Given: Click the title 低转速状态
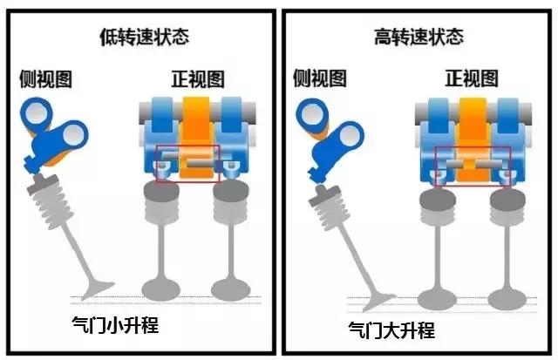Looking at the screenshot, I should point(143,37).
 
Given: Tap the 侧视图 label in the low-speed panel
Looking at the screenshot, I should point(45,79).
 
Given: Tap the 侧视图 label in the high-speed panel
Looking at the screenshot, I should point(322,79).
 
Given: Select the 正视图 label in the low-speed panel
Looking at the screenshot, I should point(197,79).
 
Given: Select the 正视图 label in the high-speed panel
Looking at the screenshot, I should point(473,79).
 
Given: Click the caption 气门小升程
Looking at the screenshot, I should point(117,327).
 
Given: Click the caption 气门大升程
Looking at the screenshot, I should point(391,331).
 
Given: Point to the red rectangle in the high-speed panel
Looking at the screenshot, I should point(473,166).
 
